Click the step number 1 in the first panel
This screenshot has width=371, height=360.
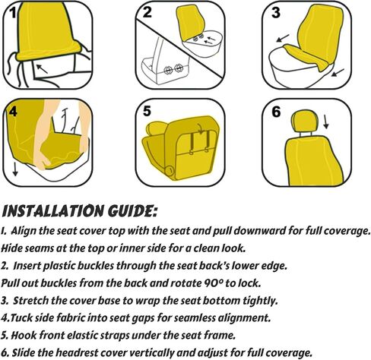coord(14,12)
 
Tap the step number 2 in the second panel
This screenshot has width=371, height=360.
coord(147,12)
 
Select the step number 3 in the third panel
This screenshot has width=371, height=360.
coord(276,13)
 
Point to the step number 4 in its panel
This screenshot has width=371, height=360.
coord(13,111)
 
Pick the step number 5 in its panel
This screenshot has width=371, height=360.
coord(147,111)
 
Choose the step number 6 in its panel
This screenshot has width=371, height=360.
coord(276,112)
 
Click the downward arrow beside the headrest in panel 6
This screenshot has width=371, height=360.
coord(326,122)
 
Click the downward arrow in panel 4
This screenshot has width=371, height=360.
coord(15,169)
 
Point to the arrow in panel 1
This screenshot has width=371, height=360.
coord(42,69)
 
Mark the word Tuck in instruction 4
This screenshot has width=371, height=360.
coord(22,317)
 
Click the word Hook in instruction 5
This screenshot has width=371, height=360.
coord(22,335)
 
